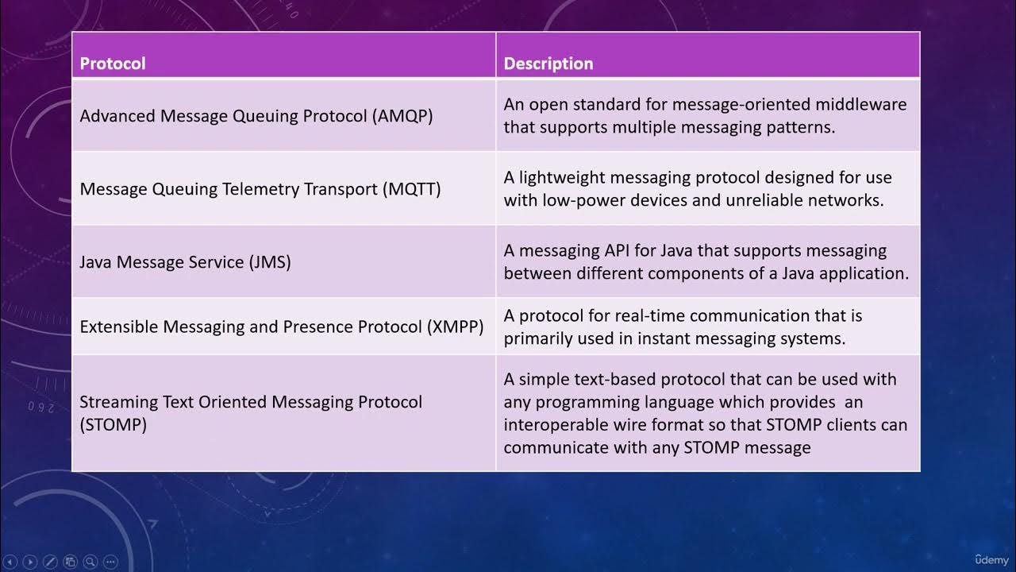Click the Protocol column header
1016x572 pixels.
(x=113, y=64)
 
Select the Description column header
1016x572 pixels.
(x=548, y=64)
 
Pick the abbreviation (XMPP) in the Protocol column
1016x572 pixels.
(x=455, y=327)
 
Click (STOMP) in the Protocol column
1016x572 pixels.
(x=114, y=424)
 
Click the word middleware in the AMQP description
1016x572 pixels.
(x=862, y=105)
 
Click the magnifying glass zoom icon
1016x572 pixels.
(x=90, y=562)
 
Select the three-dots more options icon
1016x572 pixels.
(x=110, y=562)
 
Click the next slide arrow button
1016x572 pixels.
(x=29, y=562)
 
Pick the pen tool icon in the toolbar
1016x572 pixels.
(x=50, y=562)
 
